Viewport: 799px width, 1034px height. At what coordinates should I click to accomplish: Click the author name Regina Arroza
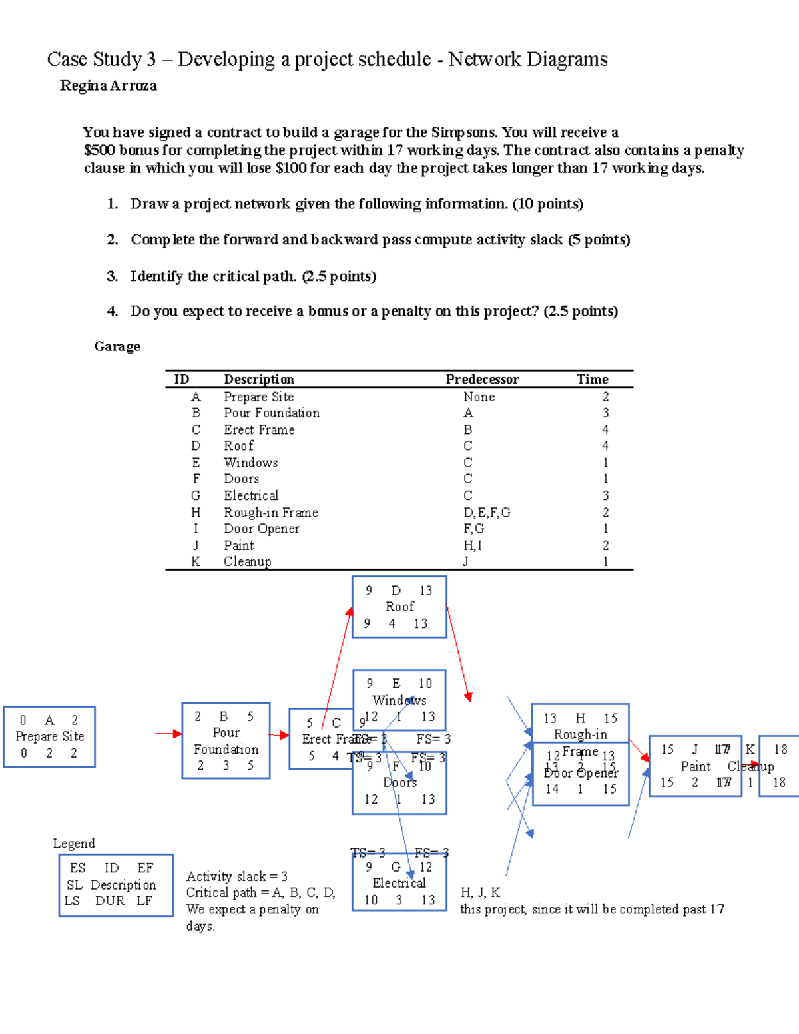pos(109,86)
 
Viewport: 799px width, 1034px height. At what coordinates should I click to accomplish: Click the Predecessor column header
pos(482,380)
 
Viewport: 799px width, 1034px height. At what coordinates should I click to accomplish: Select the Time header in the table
pos(592,380)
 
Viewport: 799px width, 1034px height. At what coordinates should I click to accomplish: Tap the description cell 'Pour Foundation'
pos(272,413)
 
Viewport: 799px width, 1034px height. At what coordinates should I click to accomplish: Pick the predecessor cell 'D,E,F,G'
pos(487,513)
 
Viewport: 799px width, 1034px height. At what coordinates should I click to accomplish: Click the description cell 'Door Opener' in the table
pos(262,529)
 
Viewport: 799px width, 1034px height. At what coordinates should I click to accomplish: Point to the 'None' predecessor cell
pos(479,397)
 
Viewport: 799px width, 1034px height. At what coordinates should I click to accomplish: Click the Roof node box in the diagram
pos(399,607)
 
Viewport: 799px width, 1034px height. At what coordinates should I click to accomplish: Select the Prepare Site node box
pos(49,737)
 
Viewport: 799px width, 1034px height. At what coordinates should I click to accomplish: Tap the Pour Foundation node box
pos(226,740)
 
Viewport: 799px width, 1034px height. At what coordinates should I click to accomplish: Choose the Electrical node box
pos(399,883)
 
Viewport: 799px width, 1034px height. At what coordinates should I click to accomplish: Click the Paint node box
pos(694,766)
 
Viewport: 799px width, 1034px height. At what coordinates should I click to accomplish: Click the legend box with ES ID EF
pos(116,885)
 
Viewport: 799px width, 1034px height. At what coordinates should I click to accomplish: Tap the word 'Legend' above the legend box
pos(74,844)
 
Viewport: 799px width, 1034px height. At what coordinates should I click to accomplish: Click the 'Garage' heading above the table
pos(117,346)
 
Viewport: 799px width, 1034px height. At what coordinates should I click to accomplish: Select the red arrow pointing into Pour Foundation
pos(168,734)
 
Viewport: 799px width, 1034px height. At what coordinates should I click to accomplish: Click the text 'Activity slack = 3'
pos(236,876)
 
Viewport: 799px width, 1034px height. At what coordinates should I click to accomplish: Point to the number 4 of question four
pos(112,311)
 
